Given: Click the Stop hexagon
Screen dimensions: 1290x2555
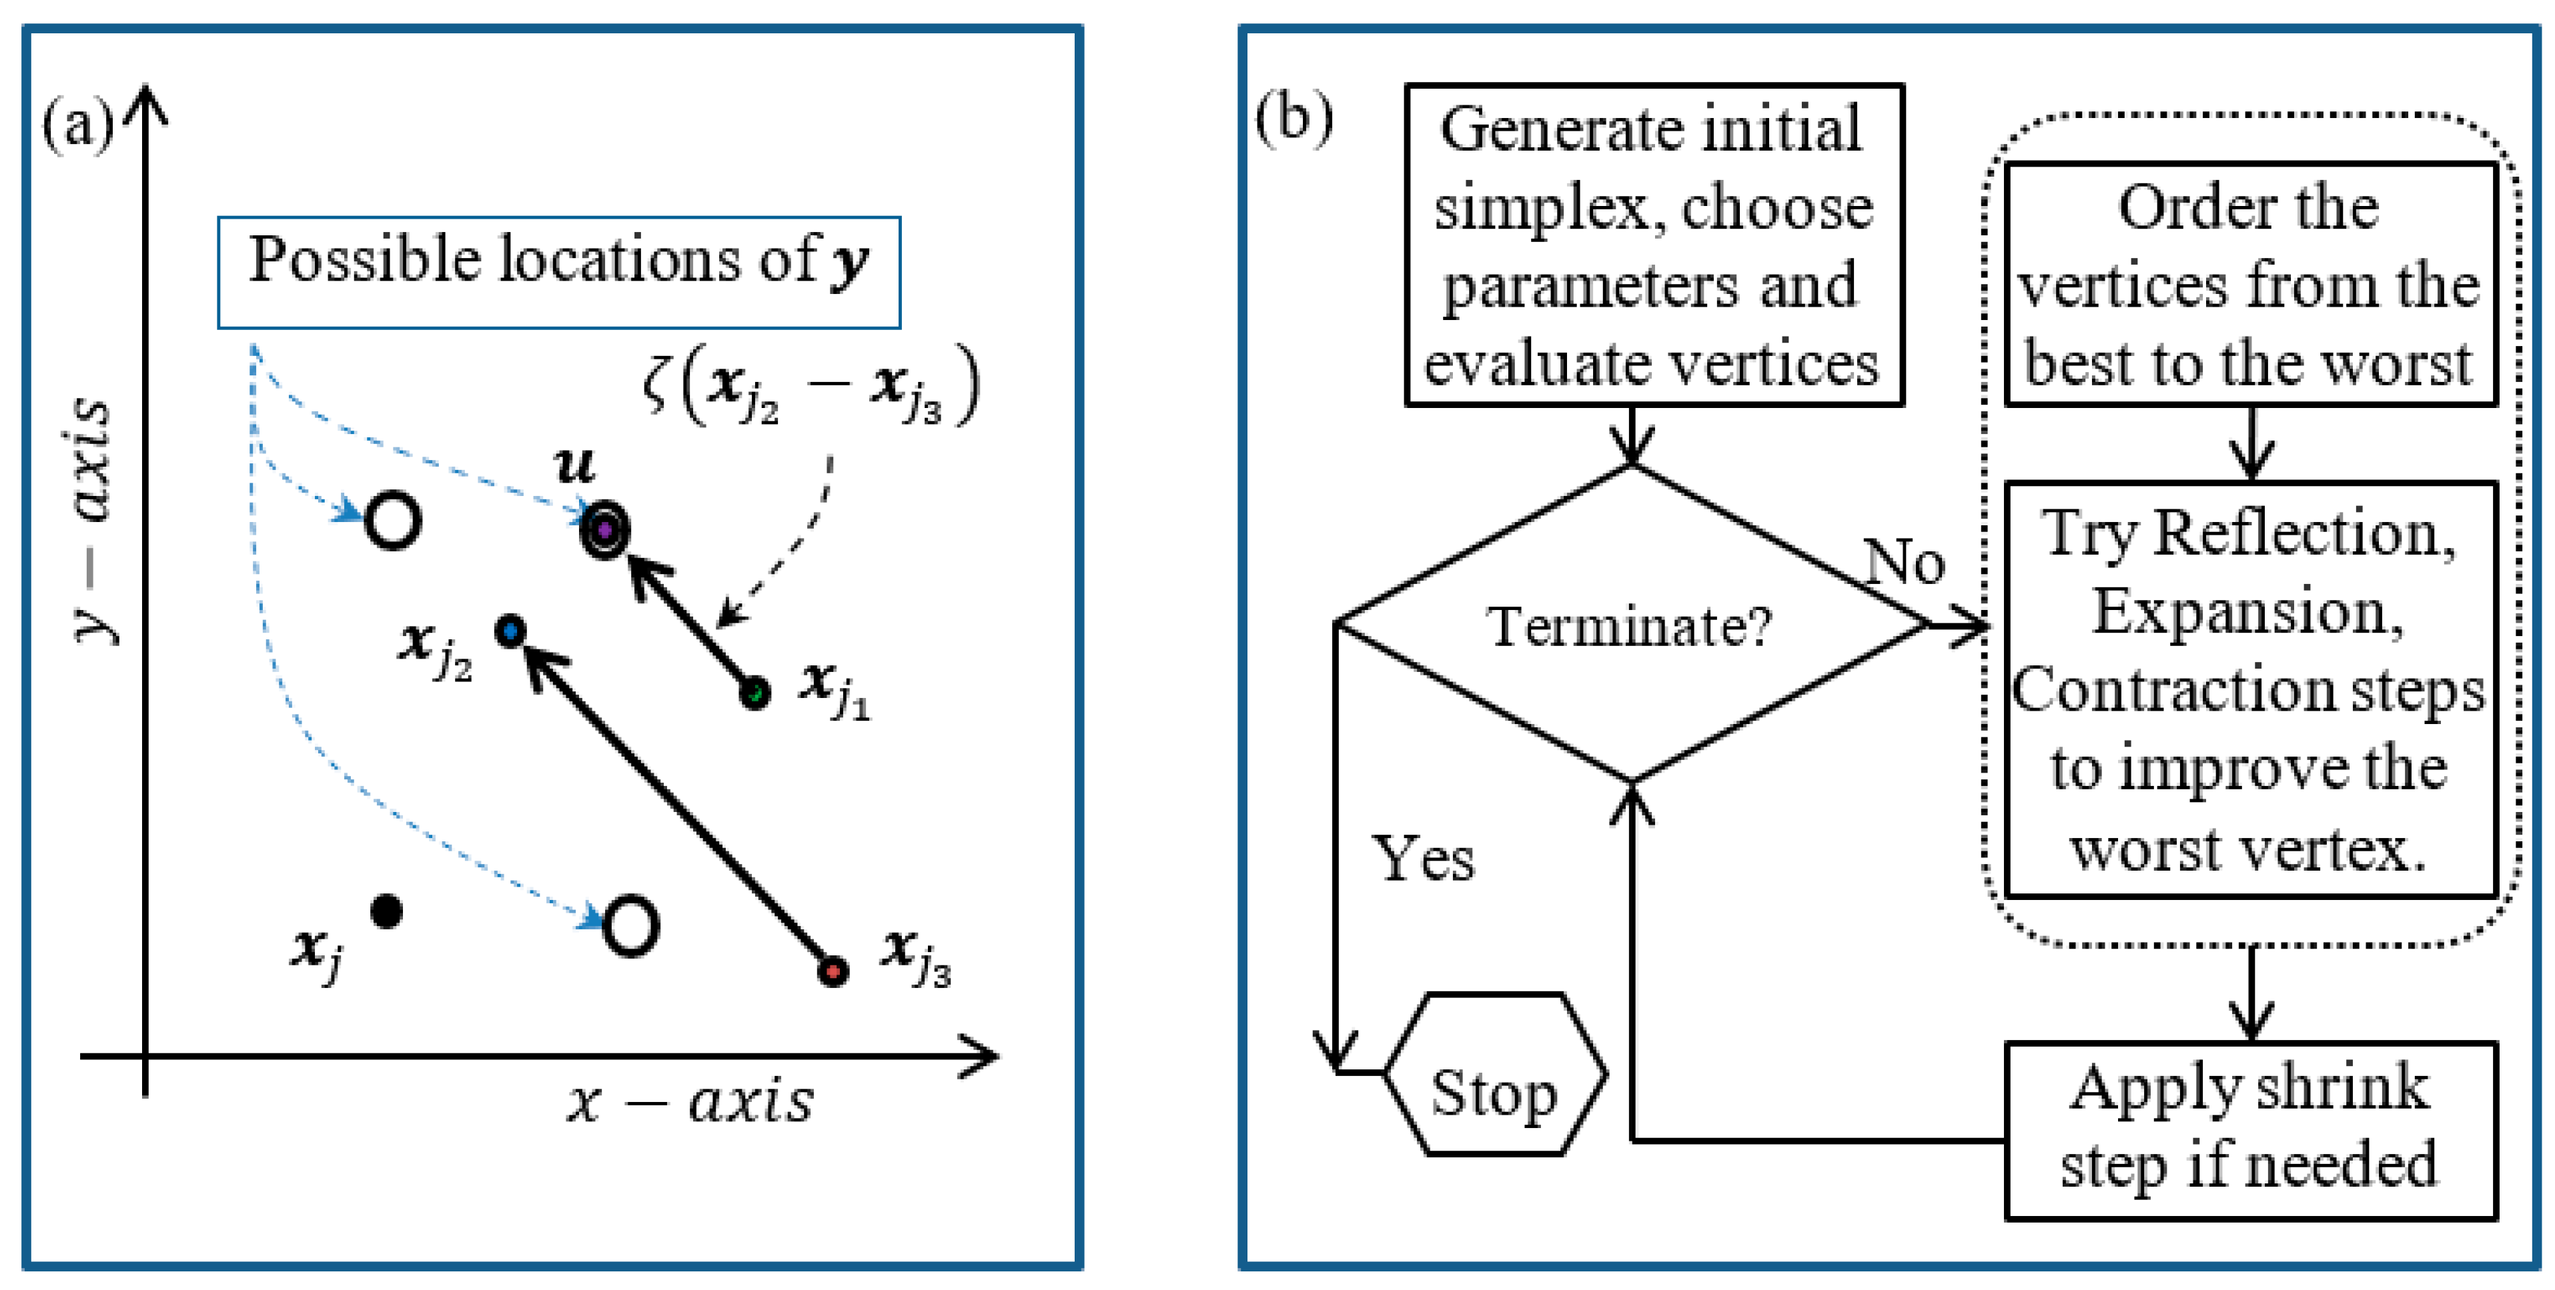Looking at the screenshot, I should (x=1494, y=1074).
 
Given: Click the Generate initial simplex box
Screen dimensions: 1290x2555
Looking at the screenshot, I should (x=1653, y=245).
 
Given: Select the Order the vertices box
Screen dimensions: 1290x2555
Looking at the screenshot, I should (x=2249, y=285).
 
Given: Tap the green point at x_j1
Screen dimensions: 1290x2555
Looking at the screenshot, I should (x=754, y=692).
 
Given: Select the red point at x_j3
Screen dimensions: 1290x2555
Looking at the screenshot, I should (x=833, y=970).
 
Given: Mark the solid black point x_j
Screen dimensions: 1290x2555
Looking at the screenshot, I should (x=386, y=910).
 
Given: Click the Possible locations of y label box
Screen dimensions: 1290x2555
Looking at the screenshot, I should (x=558, y=272).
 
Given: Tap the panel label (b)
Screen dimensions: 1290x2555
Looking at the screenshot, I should (x=1294, y=117).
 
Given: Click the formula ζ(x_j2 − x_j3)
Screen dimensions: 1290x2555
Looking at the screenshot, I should (x=811, y=387).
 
